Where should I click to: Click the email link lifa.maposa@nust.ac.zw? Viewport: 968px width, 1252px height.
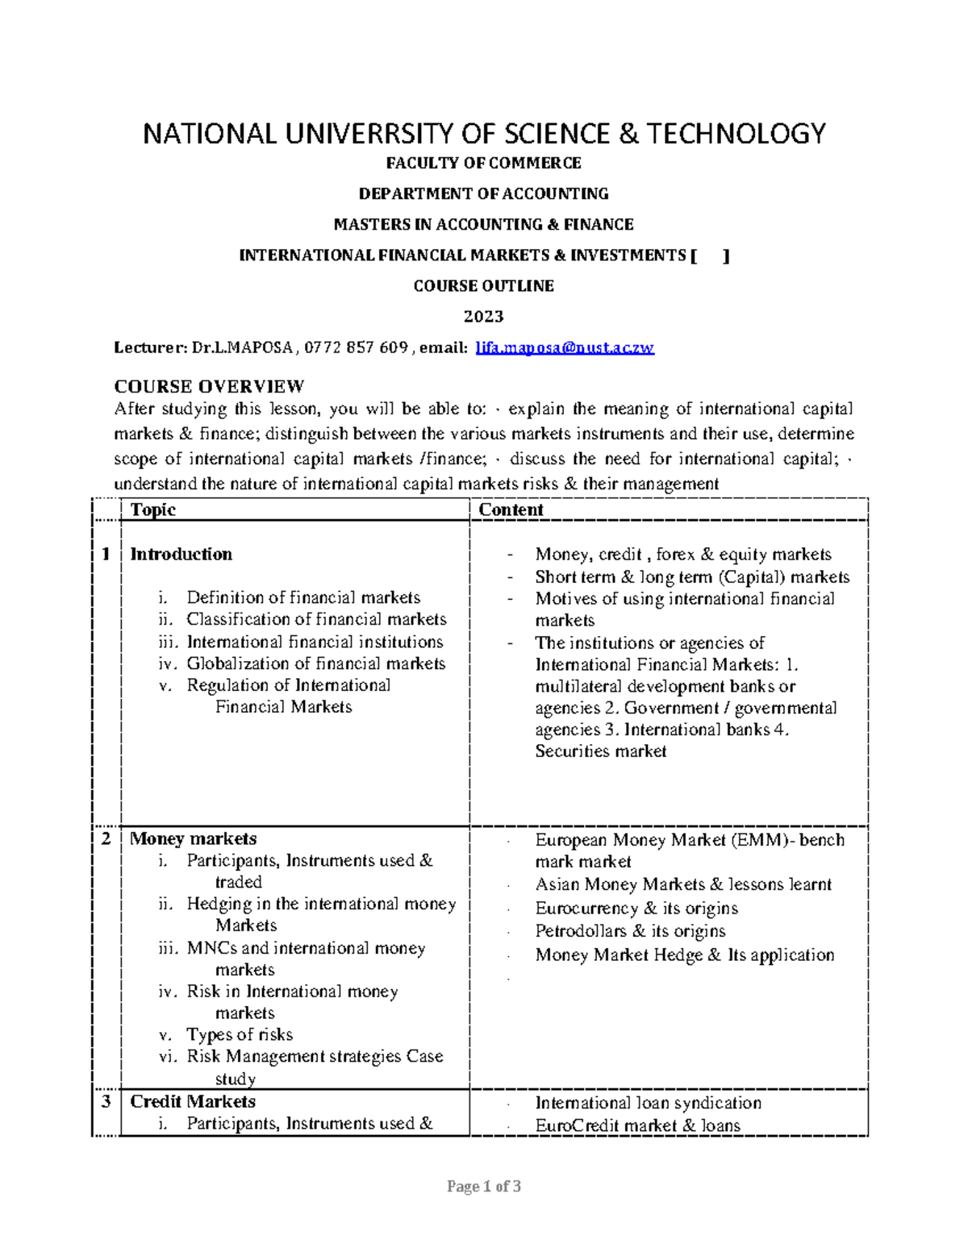565,347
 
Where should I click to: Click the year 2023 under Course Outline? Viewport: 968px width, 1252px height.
483,316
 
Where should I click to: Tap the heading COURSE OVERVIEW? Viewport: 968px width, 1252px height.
209,386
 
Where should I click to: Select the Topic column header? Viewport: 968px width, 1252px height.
153,510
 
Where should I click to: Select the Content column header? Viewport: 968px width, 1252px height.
511,510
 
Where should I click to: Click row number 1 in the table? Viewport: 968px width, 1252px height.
105,554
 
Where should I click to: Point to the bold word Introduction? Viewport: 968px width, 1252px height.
181,554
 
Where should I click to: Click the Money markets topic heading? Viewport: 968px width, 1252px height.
194,838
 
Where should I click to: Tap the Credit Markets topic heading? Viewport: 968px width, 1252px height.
193,1101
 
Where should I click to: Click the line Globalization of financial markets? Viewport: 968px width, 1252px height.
315,663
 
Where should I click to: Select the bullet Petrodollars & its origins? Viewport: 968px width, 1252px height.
630,931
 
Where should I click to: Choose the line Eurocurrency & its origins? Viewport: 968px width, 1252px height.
636,908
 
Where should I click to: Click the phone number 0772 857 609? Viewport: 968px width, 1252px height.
357,347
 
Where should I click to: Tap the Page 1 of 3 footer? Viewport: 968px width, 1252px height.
484,1187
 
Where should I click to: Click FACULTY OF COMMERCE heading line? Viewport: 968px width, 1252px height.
483,163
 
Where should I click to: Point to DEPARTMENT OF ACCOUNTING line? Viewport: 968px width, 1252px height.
483,193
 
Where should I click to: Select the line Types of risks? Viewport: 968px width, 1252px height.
240,1034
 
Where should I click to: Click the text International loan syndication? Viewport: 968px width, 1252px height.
648,1103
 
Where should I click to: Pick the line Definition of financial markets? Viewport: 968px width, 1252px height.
303,597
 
